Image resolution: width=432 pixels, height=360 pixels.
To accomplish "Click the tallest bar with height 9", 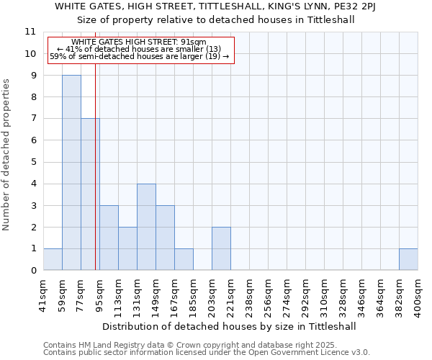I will coord(71,173).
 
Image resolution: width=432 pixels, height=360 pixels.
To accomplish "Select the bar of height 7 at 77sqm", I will coord(90,194).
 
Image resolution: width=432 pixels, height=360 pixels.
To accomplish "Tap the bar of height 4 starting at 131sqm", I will coord(146,227).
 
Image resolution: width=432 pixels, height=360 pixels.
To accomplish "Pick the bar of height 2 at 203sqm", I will coord(221,248).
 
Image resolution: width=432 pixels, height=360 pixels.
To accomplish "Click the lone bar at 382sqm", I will coord(408,259).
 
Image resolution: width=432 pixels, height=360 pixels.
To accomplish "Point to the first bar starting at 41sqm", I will coord(53,259).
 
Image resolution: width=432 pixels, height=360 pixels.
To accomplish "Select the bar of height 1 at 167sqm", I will coord(184,259).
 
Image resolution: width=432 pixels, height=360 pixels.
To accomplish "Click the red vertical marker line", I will coord(95,180).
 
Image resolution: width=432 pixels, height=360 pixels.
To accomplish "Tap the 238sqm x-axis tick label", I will coord(249,295).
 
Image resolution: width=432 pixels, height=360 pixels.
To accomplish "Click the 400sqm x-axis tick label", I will coord(418,295).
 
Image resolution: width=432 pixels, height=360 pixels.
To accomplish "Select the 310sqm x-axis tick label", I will coord(324,295).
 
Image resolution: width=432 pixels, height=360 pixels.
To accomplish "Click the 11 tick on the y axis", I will coord(30,32).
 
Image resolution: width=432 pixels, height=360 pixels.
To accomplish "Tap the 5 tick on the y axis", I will coord(33,162).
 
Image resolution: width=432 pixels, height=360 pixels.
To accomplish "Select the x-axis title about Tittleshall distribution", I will coord(230,326).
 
